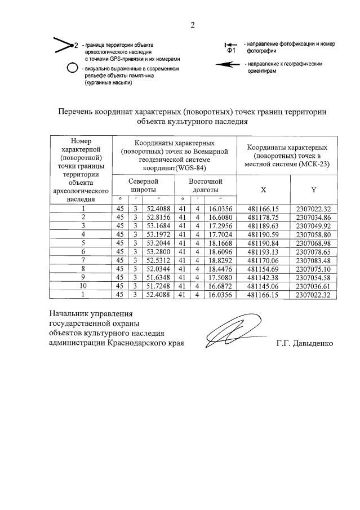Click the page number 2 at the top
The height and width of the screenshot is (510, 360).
pos(192,25)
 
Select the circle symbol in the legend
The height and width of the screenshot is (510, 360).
pos(72,68)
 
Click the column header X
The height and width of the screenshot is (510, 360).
pos(264,189)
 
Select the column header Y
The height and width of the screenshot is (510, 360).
pos(314,189)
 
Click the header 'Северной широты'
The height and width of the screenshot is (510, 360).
pos(143,185)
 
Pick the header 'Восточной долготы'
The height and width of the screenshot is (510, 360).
pos(205,185)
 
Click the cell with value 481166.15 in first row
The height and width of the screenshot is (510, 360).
pos(264,209)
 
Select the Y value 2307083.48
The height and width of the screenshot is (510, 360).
pos(314,260)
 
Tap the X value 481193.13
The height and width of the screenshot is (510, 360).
pos(264,252)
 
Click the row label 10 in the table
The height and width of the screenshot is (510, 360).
pos(83,286)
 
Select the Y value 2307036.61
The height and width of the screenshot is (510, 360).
pos(314,286)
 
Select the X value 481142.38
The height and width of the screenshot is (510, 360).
pos(264,278)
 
